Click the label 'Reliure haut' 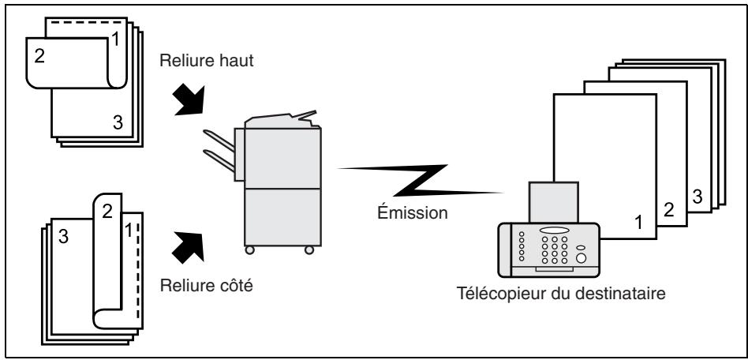coord(207,61)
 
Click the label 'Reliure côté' coord(207,286)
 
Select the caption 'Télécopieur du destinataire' coord(561,293)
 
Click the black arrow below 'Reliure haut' coord(189,99)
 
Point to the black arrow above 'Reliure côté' coord(189,246)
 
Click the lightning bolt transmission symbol coord(421,181)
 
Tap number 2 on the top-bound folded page coord(39,56)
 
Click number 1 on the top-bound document coord(115,39)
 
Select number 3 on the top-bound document coord(118,122)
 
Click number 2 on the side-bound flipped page coord(107,211)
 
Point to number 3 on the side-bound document coord(63,236)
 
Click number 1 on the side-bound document coord(128,231)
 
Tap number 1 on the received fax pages coord(639,222)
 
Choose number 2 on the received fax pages coord(669,209)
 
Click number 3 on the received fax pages coord(698,197)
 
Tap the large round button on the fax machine coord(581,258)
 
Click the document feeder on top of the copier coord(282,119)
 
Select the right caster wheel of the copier coord(309,249)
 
